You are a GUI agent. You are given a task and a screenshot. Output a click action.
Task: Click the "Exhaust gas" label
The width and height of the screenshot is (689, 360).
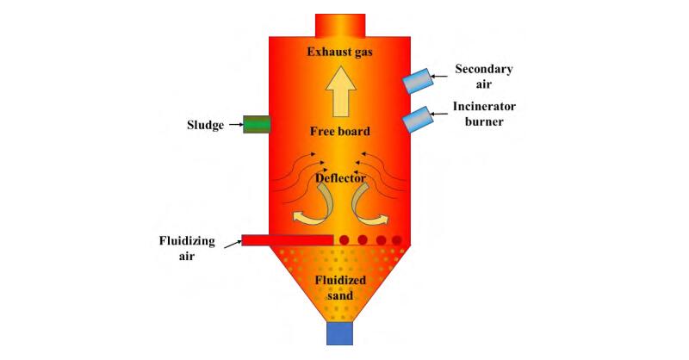tap(343, 53)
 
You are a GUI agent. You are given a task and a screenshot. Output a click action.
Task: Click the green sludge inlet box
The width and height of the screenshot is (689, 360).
tap(256, 124)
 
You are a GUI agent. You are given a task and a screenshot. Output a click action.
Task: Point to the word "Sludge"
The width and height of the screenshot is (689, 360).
tap(205, 125)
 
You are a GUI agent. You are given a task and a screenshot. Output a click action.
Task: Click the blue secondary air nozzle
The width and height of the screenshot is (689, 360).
tap(419, 80)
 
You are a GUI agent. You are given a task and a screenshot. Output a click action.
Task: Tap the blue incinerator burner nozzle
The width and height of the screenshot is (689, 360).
tap(419, 120)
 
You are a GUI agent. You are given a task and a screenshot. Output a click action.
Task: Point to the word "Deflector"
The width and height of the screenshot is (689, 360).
tap(343, 179)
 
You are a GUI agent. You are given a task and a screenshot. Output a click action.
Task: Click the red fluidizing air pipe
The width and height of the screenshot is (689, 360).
tap(287, 239)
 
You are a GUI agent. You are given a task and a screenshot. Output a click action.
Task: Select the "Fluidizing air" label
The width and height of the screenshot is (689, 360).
tap(187, 248)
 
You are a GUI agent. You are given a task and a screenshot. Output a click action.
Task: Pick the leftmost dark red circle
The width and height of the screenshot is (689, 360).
tap(344, 239)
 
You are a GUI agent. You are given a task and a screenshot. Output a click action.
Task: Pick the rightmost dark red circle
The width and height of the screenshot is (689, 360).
tap(397, 239)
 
